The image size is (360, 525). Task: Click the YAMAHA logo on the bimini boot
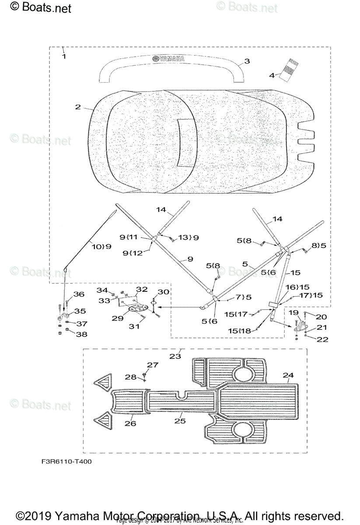[168, 59]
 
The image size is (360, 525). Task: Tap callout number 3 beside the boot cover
[247, 61]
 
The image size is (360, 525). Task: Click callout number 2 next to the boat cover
[77, 107]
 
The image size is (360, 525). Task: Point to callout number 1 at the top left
[64, 57]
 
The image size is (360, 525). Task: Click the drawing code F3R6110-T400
[64, 461]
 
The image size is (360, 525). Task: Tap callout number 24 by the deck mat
[288, 374]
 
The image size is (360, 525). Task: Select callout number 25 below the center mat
[180, 421]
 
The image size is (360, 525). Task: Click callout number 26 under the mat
[130, 423]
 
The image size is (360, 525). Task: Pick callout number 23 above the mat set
[175, 356]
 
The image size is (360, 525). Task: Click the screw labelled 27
[144, 375]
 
